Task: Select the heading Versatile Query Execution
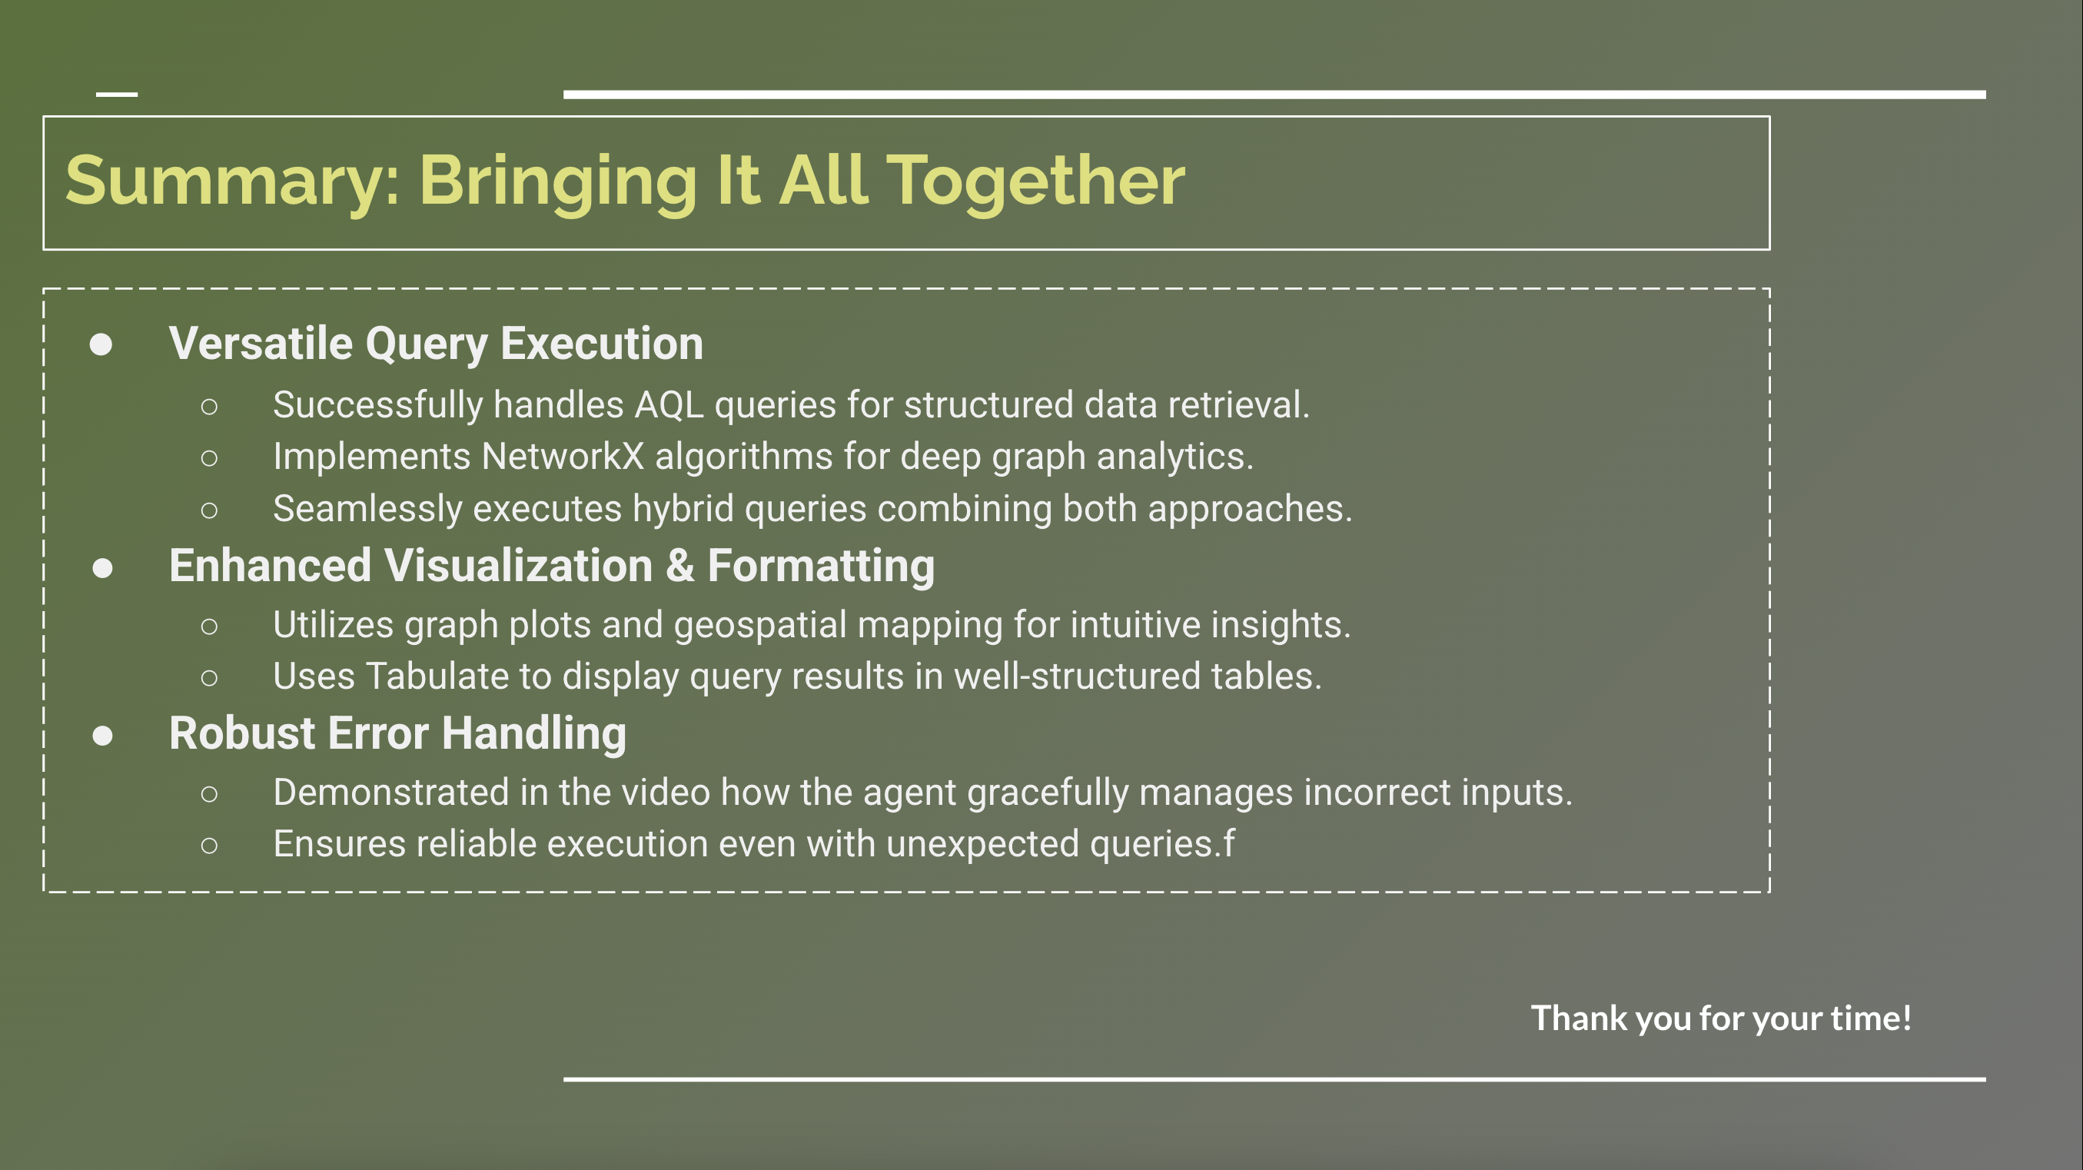pyautogui.click(x=436, y=344)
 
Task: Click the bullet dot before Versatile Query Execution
pyautogui.click(x=101, y=345)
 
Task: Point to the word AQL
pyautogui.click(x=669, y=405)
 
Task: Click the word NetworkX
pyautogui.click(x=563, y=457)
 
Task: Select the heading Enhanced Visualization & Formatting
pyautogui.click(x=551, y=565)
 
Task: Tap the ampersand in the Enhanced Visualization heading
pyautogui.click(x=680, y=565)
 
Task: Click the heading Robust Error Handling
pyautogui.click(x=397, y=733)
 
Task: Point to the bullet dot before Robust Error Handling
pyautogui.click(x=103, y=736)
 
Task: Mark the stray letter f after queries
pyautogui.click(x=1228, y=843)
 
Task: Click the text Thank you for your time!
pyautogui.click(x=1721, y=1018)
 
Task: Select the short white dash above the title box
pyautogui.click(x=116, y=95)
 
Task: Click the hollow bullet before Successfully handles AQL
pyautogui.click(x=209, y=407)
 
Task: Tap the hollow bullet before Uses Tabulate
pyautogui.click(x=209, y=677)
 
